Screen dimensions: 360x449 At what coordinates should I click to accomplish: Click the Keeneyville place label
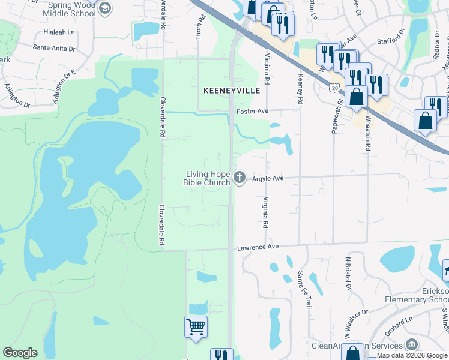[x=231, y=91]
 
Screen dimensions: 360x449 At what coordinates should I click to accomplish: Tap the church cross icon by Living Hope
[x=240, y=177]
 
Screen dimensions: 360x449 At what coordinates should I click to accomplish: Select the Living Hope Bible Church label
[x=207, y=178]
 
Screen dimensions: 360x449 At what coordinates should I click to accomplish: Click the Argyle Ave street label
[x=267, y=179]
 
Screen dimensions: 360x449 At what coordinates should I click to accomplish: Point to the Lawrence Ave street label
[x=258, y=247]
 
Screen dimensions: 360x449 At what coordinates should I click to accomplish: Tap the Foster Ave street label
[x=250, y=111]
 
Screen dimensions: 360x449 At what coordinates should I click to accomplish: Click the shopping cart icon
[x=196, y=327]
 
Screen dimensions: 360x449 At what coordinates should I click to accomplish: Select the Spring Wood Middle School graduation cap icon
[x=104, y=8]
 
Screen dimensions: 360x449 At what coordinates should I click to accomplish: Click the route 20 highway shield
[x=334, y=88]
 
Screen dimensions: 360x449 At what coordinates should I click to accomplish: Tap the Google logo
[x=20, y=352]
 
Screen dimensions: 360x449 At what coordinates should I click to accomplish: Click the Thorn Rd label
[x=202, y=27]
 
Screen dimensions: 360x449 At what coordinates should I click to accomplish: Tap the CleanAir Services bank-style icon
[x=411, y=344]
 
